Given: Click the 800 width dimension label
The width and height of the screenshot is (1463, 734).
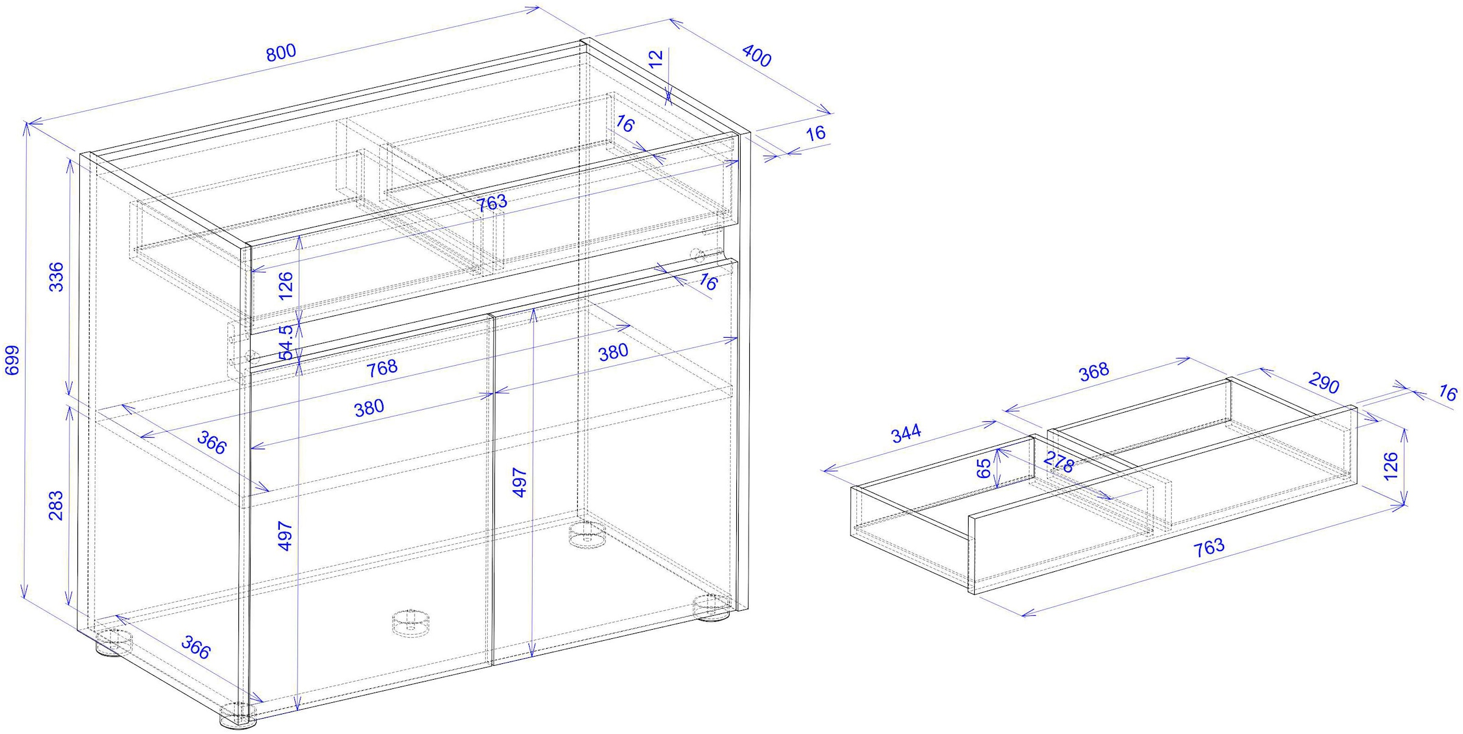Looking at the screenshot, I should pyautogui.click(x=281, y=53).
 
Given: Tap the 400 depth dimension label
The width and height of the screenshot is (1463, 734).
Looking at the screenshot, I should pyautogui.click(x=756, y=56).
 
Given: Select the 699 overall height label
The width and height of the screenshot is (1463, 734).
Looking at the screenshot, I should pyautogui.click(x=13, y=360).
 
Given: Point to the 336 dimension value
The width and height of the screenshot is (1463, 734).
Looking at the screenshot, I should pyautogui.click(x=56, y=277).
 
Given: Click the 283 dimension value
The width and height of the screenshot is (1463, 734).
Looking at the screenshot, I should pyautogui.click(x=55, y=505).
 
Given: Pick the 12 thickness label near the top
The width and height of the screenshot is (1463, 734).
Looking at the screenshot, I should pyautogui.click(x=655, y=59).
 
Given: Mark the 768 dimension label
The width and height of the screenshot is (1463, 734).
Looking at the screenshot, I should pyautogui.click(x=382, y=368).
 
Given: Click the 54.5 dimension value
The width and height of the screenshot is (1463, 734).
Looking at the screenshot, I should pyautogui.click(x=286, y=343).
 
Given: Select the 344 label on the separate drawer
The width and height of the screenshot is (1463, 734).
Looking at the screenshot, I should pyautogui.click(x=906, y=434).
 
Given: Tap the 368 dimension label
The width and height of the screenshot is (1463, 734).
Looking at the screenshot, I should pyautogui.click(x=1094, y=372).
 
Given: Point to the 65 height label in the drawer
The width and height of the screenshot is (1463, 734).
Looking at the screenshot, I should pyautogui.click(x=984, y=468).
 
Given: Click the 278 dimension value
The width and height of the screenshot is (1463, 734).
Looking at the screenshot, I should pyautogui.click(x=1058, y=463).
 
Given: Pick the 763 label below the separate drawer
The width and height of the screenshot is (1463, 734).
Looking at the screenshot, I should pyautogui.click(x=1209, y=547).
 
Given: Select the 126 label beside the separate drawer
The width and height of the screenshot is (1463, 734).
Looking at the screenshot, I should pyautogui.click(x=1390, y=466).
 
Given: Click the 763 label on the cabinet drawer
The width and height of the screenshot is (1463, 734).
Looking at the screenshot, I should pyautogui.click(x=492, y=202).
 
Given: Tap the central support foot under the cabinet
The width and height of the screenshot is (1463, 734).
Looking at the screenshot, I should pyautogui.click(x=410, y=623).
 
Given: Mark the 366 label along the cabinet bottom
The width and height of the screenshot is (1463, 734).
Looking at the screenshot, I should pyautogui.click(x=196, y=647).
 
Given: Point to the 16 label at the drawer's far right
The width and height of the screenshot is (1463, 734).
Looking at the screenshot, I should pyautogui.click(x=1447, y=393).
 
